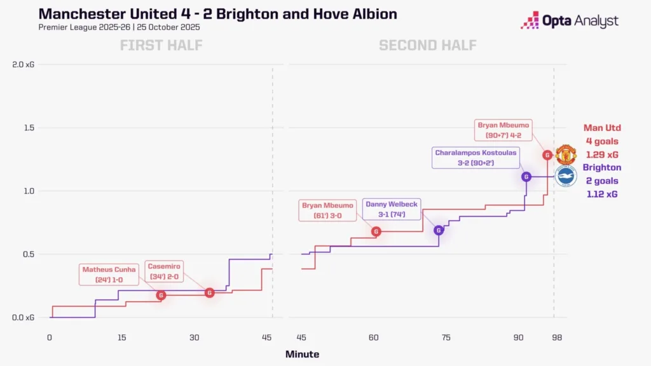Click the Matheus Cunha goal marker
click(161, 295)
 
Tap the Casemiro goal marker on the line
click(210, 293)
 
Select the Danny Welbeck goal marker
click(439, 230)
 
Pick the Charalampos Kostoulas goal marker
click(526, 177)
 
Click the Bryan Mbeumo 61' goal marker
click(376, 232)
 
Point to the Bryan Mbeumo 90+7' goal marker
click(547, 154)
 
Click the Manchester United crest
click(565, 154)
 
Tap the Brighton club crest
click(565, 176)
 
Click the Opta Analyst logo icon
click(530, 20)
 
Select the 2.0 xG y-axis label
click(24, 64)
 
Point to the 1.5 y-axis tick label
click(29, 128)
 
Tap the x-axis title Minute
click(302, 355)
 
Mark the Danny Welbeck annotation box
click(392, 209)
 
